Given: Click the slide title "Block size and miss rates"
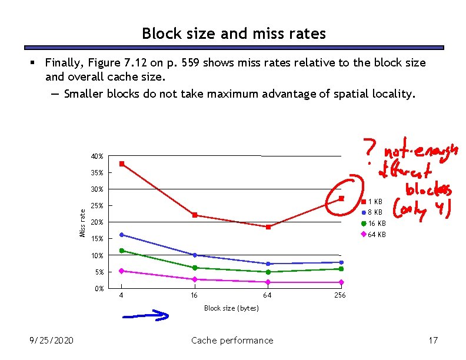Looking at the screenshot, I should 234,34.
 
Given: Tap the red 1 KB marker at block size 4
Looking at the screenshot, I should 121,164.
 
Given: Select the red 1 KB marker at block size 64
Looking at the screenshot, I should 268,226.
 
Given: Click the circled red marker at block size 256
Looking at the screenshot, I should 341,198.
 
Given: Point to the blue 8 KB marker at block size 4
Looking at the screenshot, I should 121,235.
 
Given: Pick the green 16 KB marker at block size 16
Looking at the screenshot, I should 195,268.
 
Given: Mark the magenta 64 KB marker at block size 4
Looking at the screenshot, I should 121,271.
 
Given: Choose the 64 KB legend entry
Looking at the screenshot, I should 373,234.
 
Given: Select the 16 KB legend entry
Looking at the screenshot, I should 373,224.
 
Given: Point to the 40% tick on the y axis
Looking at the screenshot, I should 97,156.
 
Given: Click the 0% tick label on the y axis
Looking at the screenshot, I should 99,288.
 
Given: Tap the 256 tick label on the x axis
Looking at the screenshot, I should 340,295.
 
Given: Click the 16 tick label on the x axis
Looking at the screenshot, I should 194,295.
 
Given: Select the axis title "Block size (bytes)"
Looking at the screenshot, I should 231,308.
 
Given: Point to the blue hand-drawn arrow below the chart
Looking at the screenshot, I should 145,316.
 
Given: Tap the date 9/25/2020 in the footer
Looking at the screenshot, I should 52,340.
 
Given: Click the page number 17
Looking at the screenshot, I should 434,340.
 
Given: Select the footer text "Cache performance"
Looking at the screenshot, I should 232,340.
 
